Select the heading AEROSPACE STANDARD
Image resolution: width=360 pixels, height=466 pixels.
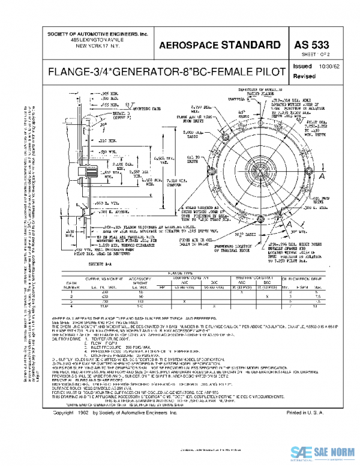[220, 45]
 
